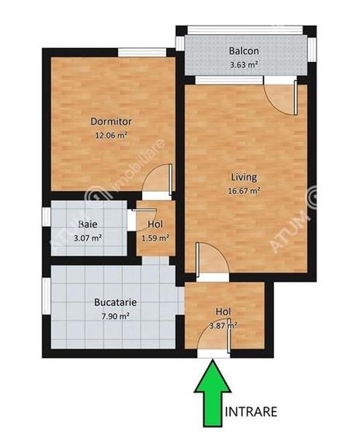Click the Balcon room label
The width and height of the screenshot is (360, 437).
pyautogui.click(x=243, y=52)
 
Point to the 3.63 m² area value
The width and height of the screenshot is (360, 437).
pyautogui.click(x=243, y=64)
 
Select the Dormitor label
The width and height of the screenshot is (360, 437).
pyautogui.click(x=111, y=122)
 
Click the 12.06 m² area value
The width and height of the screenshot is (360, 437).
pyautogui.click(x=111, y=134)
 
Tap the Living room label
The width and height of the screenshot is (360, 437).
pyautogui.click(x=244, y=176)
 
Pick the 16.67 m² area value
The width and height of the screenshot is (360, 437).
pyautogui.click(x=244, y=189)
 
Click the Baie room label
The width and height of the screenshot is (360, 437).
pyautogui.click(x=88, y=225)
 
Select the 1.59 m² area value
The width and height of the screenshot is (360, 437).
pyautogui.click(x=156, y=238)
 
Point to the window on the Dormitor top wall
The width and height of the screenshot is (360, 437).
pyautogui.click(x=142, y=53)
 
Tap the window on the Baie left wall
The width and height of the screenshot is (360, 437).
pyautogui.click(x=46, y=228)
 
